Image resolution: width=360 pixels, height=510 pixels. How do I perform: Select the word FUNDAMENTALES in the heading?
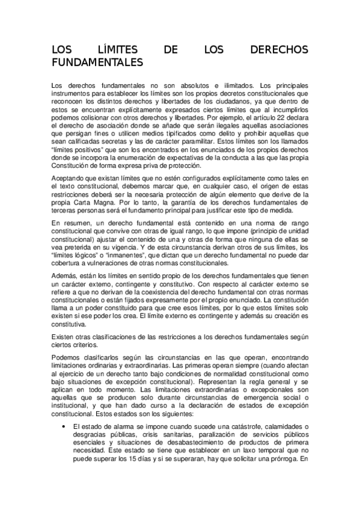pyautogui.click(x=98, y=62)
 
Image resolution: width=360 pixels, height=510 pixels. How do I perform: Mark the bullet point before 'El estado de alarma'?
pyautogui.click(x=65, y=427)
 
